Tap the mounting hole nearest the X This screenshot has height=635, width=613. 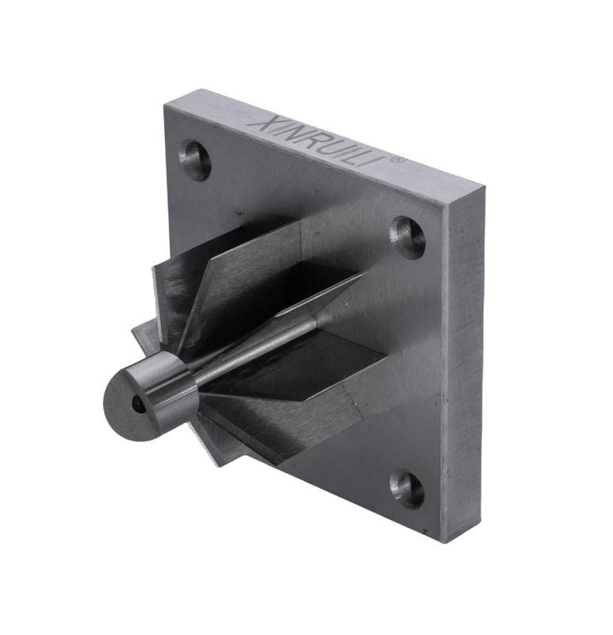click(x=195, y=160)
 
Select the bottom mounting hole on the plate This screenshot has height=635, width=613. click(x=408, y=490)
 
